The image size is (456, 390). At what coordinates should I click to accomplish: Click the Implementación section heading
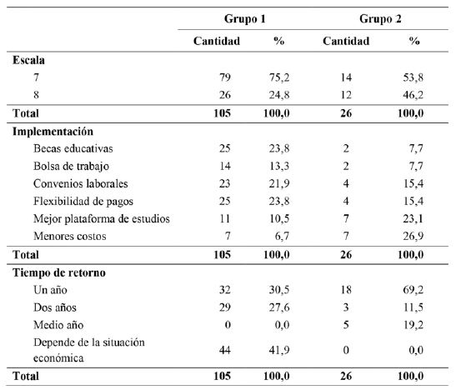click(53, 131)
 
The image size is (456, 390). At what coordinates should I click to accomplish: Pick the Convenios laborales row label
click(76, 183)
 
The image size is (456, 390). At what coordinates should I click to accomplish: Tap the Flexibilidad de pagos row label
click(80, 201)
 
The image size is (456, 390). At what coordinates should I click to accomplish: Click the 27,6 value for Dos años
click(279, 306)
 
